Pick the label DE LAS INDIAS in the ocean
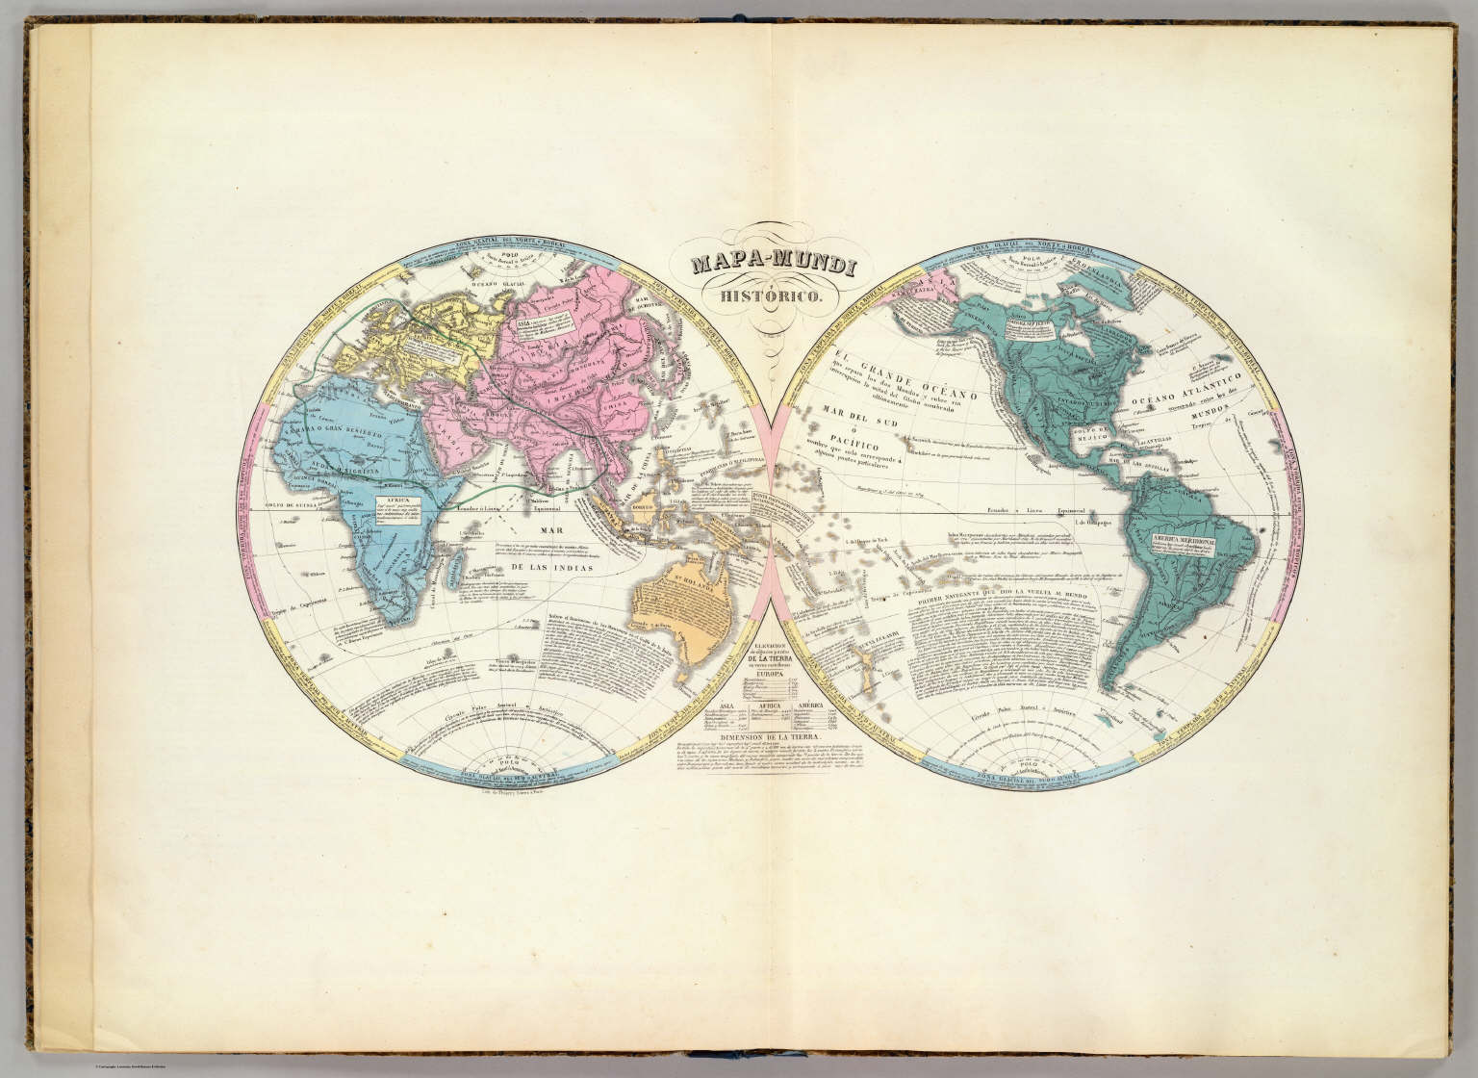click(551, 568)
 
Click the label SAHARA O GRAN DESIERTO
click(330, 416)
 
